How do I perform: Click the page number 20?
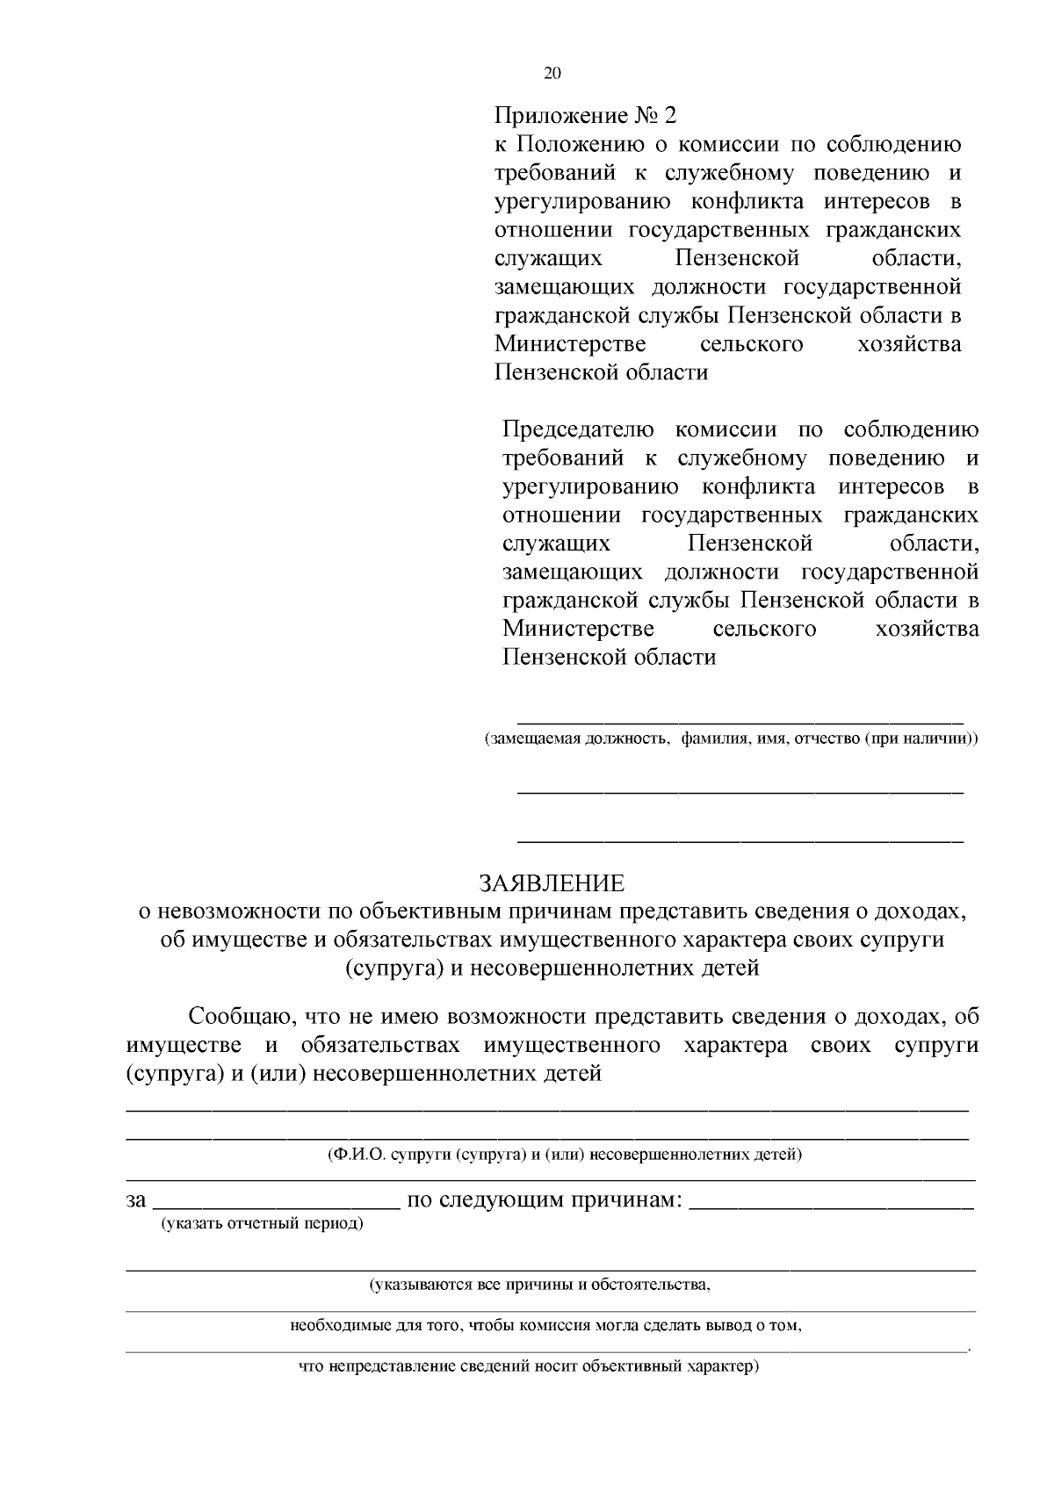pos(552,73)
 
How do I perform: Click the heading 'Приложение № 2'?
pos(587,116)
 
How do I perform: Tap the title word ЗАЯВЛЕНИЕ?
pos(551,883)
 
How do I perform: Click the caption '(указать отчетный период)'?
pos(261,1223)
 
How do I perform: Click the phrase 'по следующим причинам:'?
pos(545,1199)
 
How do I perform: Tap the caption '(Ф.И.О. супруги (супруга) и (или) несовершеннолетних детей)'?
pos(564,1154)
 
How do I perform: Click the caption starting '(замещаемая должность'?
pos(731,738)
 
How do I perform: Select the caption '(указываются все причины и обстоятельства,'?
pos(539,1286)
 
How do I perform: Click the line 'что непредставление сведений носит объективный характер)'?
pos(528,1367)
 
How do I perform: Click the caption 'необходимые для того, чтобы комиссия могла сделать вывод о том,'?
pos(545,1326)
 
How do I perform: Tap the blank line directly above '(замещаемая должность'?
pos(740,720)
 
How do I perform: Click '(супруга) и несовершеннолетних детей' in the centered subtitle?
pos(551,969)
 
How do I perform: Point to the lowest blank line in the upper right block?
pos(740,840)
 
